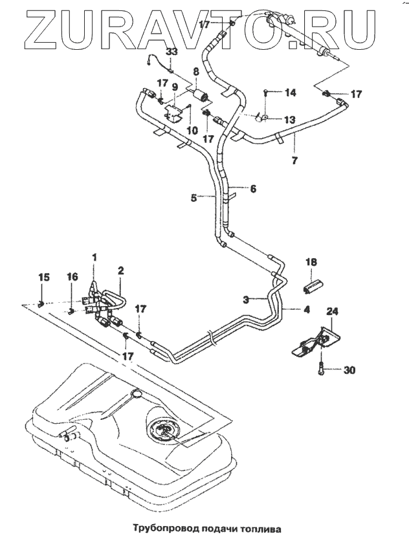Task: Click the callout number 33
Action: (172, 52)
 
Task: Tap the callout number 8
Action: (196, 72)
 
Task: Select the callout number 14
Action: (290, 93)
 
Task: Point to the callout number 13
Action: (289, 120)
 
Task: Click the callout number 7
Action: (294, 160)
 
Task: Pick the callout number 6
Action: (253, 189)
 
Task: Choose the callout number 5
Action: (194, 198)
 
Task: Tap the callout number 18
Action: (311, 262)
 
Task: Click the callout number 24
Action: (332, 311)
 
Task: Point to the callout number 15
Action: (44, 277)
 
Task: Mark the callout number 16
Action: (72, 277)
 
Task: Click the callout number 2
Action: (120, 271)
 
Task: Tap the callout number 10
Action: (192, 131)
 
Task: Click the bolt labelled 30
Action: (321, 369)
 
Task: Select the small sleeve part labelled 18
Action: (313, 285)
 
